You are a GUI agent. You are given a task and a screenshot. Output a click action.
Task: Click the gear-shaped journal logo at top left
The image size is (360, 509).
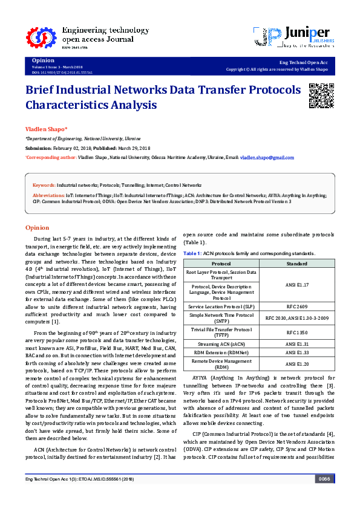36,38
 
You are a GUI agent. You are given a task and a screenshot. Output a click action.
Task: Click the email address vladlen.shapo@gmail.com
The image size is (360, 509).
267,157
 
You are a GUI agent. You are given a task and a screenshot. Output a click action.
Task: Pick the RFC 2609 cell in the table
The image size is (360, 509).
297,307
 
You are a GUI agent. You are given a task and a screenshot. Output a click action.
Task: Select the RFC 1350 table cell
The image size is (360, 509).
297,332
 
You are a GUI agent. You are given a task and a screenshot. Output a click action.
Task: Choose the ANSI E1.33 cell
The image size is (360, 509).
297,352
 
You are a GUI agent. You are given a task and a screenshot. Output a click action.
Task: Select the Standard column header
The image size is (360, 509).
297,264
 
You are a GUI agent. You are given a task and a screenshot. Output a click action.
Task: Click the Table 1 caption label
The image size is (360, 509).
193,253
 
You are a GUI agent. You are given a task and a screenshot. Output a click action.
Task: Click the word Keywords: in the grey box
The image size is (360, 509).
44,184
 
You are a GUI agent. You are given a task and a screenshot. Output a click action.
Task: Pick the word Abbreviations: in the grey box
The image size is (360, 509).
48,195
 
